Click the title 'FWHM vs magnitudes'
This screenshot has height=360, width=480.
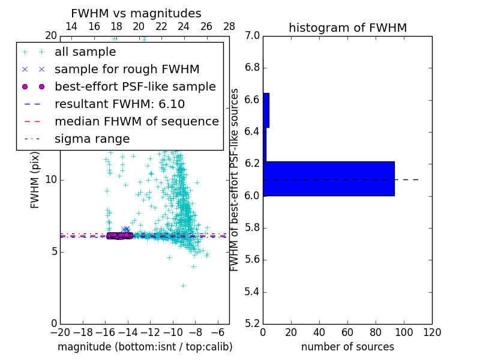point(136,13)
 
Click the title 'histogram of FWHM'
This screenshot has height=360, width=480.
point(347,28)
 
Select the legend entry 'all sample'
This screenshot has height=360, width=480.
point(85,52)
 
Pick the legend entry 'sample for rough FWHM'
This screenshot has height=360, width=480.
point(127,69)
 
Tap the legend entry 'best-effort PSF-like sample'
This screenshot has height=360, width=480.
point(135,86)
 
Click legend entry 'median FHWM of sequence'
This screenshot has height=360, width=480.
point(136,121)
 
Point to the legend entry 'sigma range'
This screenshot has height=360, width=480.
point(92,139)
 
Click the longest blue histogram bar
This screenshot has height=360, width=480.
point(329,179)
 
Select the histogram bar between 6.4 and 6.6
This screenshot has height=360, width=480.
point(266,110)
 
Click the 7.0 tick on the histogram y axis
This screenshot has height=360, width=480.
point(251,36)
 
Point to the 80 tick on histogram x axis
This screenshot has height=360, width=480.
point(376,332)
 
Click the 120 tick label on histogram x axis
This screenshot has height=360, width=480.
point(432,332)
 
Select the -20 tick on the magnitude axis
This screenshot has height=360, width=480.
point(60,332)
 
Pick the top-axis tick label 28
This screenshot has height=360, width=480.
point(229,26)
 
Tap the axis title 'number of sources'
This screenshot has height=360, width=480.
point(347,347)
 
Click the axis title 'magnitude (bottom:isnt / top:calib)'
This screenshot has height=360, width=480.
point(145,347)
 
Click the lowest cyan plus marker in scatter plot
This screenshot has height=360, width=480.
point(183,286)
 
